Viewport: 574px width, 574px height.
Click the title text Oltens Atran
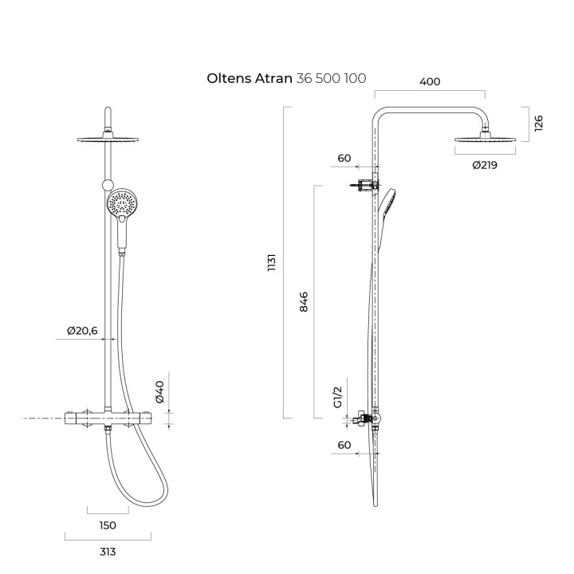pyautogui.click(x=250, y=78)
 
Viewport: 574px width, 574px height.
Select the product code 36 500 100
pyautogui.click(x=331, y=78)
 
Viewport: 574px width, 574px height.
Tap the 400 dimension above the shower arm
pyautogui.click(x=430, y=81)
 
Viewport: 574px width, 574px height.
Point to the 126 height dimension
pyautogui.click(x=538, y=124)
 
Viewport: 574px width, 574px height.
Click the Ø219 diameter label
pyautogui.click(x=485, y=165)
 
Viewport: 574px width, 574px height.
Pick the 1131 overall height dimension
pyautogui.click(x=271, y=262)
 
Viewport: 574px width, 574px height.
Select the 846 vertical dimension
pyautogui.click(x=304, y=301)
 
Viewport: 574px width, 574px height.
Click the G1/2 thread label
pyautogui.click(x=337, y=397)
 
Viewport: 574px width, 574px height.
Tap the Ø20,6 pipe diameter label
pyautogui.click(x=82, y=331)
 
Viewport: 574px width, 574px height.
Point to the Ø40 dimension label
pyautogui.click(x=160, y=392)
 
